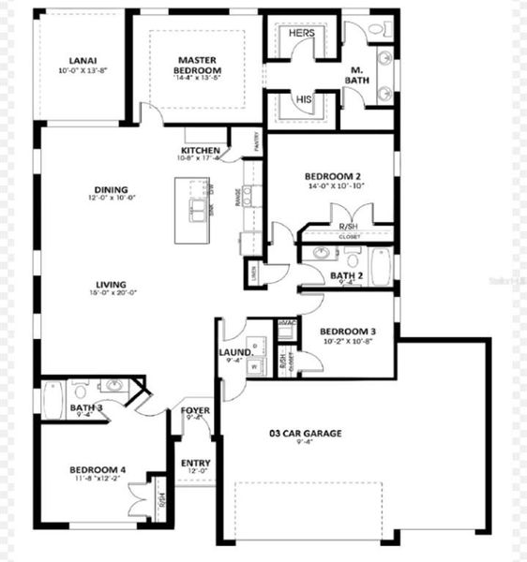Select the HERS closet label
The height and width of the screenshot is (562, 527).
pyautogui.click(x=301, y=33)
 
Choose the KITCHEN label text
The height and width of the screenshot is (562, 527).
pyautogui.click(x=202, y=150)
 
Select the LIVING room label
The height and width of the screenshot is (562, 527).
pyautogui.click(x=111, y=284)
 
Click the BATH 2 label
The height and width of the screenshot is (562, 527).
pyautogui.click(x=346, y=275)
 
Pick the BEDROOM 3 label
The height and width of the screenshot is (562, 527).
pyautogui.click(x=348, y=331)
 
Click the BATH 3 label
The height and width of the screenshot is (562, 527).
pyautogui.click(x=85, y=407)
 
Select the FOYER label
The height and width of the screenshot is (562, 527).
pyautogui.click(x=195, y=410)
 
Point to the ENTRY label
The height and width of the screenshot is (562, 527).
pyautogui.click(x=196, y=463)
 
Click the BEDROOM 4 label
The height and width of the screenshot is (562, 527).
pyautogui.click(x=97, y=469)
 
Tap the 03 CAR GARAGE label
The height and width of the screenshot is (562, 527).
pyautogui.click(x=306, y=433)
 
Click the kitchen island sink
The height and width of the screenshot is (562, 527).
pyautogui.click(x=200, y=208)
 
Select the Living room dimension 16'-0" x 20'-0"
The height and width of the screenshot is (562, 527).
pyautogui.click(x=111, y=293)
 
